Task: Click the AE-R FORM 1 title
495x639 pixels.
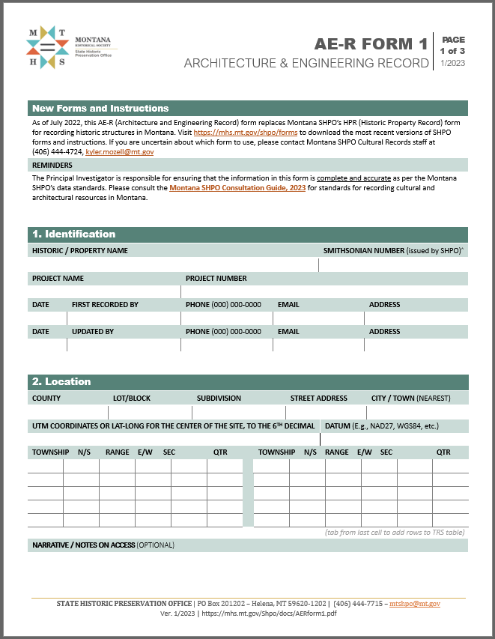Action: tap(371, 44)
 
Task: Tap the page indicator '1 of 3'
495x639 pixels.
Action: tap(453, 51)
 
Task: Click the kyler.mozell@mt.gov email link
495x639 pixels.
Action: tap(120, 151)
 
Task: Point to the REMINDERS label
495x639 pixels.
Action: tap(52, 165)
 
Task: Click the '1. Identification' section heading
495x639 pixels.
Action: tap(73, 234)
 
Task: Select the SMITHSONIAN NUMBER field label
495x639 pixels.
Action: tap(363, 250)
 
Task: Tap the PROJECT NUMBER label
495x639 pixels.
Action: tap(216, 278)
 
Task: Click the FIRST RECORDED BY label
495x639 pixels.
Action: tap(105, 304)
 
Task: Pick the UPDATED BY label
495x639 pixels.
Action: tap(93, 330)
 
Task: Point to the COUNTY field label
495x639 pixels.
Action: tap(46, 398)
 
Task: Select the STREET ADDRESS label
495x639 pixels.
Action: tap(318, 398)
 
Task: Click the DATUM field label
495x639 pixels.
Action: tap(341, 426)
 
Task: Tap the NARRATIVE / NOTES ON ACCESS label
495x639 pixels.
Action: tap(82, 545)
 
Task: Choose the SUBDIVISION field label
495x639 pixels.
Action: tap(219, 398)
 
